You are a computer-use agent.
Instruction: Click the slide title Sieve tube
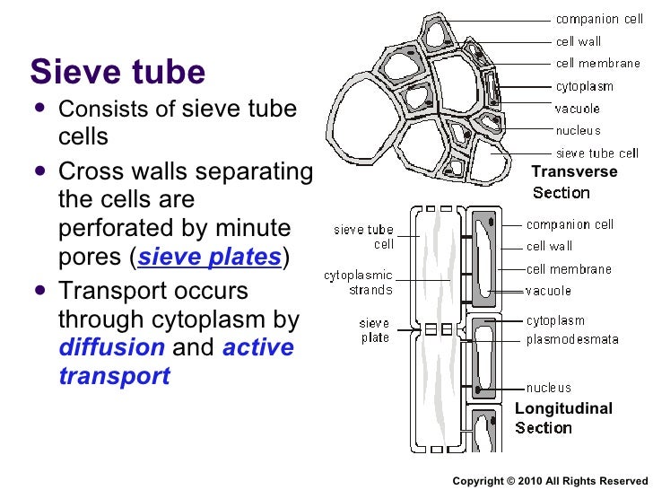(x=118, y=72)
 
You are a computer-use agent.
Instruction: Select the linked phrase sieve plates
(x=210, y=258)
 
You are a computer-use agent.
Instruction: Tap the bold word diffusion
(x=111, y=347)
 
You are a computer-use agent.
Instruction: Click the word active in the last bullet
(x=257, y=347)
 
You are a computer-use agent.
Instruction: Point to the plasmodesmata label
(x=572, y=340)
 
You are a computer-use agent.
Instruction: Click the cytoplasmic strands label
(x=358, y=283)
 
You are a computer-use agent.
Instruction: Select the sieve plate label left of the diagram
(x=374, y=330)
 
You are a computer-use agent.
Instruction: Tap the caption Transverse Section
(x=574, y=182)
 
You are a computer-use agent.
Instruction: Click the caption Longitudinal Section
(x=563, y=418)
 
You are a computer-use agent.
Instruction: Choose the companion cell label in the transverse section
(x=598, y=19)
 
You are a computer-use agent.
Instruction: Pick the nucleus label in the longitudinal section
(x=548, y=388)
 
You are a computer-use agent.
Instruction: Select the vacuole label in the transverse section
(x=579, y=109)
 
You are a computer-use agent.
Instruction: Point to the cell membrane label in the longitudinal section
(x=569, y=268)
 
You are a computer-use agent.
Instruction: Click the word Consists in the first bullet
(x=98, y=109)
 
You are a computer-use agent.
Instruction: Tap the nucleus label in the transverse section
(x=579, y=131)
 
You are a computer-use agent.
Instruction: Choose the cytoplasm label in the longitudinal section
(x=555, y=320)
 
